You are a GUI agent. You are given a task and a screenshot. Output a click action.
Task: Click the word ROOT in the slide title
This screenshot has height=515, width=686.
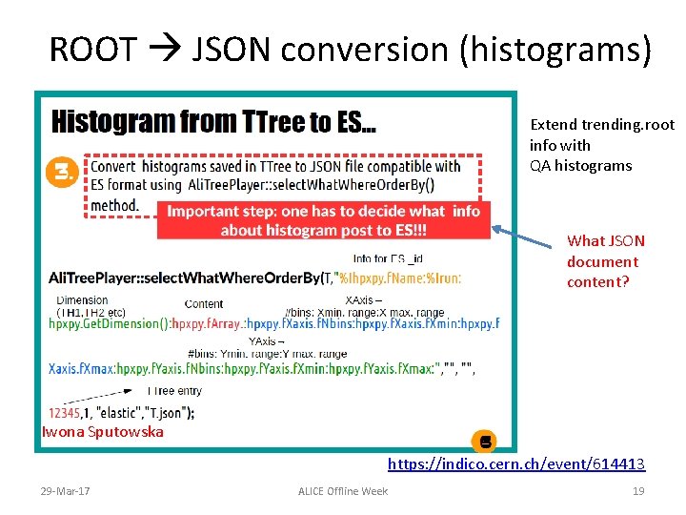pos(92,50)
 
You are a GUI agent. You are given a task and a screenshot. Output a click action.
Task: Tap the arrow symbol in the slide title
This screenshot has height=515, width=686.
pos(165,50)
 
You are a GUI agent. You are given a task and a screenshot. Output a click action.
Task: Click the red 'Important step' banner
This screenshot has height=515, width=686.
pos(323,220)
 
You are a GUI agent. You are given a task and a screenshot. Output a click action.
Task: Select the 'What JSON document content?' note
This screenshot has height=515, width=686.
pos(606,261)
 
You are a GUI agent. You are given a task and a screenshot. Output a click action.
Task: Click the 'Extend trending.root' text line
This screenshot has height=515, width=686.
pos(601,125)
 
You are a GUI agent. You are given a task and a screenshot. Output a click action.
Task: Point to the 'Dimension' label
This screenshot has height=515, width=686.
pos(82,300)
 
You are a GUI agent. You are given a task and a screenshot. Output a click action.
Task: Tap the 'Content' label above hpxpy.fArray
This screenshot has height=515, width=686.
pos(204,304)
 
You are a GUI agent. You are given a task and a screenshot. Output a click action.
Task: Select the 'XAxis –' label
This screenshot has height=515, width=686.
pos(363,300)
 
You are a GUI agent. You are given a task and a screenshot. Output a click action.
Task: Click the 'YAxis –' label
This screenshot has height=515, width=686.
pos(267,340)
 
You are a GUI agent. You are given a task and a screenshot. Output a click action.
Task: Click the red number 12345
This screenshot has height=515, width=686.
pos(71,412)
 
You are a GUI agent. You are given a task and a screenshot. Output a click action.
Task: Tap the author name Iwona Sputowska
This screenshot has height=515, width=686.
pos(103,432)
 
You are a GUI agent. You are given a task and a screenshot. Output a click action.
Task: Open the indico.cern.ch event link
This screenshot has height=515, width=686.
pos(515,464)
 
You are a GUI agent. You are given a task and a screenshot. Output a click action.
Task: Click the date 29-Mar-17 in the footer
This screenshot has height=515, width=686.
pos(66,490)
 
